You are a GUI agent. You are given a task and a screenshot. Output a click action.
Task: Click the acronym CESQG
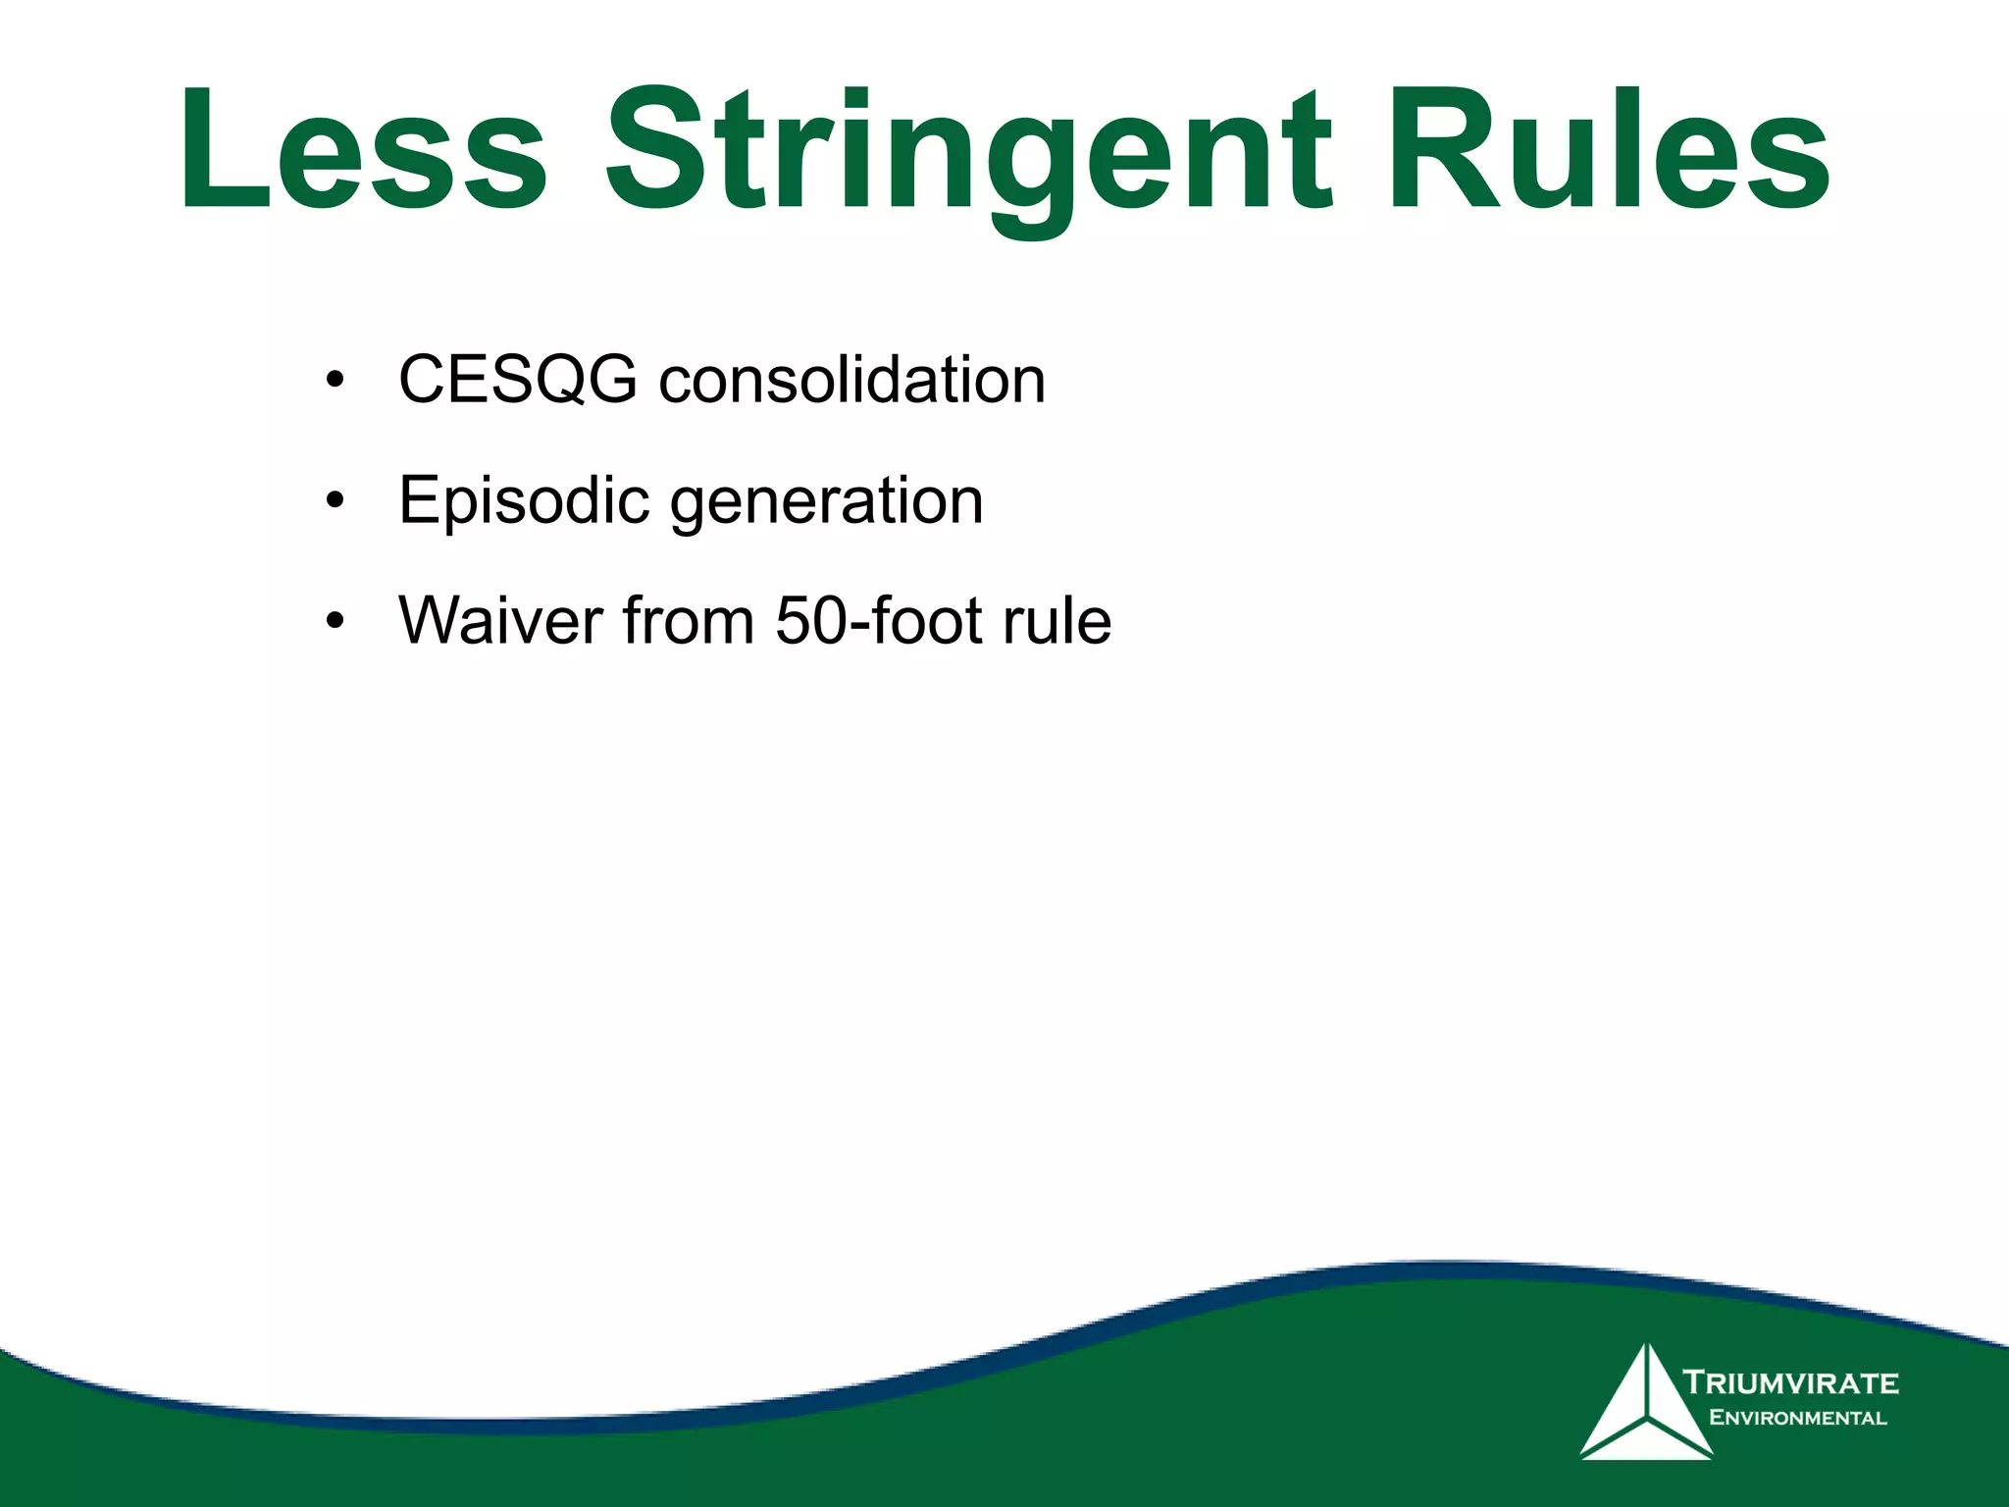point(518,380)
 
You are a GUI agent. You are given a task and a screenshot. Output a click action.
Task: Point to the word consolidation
point(851,380)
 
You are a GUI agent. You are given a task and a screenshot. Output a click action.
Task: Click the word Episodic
point(524,501)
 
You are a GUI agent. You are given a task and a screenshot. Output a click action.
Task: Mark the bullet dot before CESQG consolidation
point(335,382)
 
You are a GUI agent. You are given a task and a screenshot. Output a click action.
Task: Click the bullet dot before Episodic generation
point(335,502)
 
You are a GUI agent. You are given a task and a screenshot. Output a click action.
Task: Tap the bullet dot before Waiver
point(335,622)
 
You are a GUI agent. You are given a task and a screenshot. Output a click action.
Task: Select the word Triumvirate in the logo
point(1791,1383)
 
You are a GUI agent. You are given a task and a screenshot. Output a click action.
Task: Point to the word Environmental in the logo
point(1797,1418)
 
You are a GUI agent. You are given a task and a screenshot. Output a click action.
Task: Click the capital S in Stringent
point(658,149)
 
